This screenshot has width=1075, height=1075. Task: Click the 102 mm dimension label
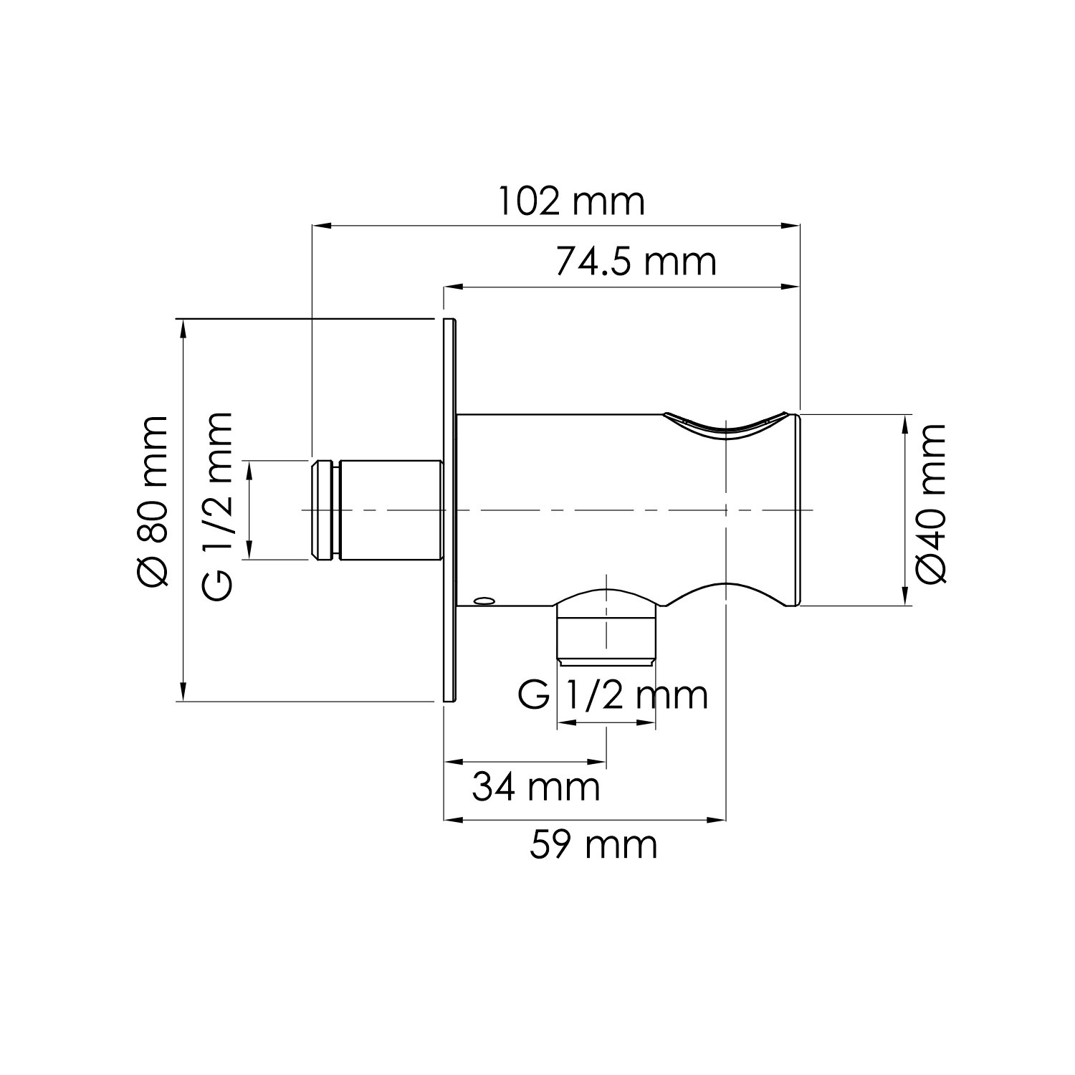click(571, 202)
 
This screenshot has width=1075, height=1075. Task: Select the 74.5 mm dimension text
click(635, 262)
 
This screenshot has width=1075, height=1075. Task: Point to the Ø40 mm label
click(931, 503)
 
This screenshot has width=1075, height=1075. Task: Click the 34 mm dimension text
click(535, 788)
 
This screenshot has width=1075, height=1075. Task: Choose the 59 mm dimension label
click(593, 845)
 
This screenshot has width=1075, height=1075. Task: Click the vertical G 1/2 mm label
click(217, 506)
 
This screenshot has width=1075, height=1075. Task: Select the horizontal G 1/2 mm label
click(613, 694)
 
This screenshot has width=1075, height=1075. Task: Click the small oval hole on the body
click(484, 600)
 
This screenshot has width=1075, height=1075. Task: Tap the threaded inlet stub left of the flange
click(378, 510)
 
